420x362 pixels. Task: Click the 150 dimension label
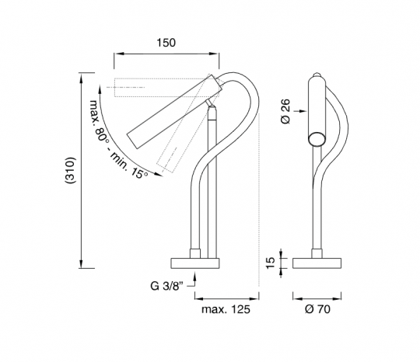pos(166,43)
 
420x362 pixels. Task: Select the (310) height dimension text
pos(71,170)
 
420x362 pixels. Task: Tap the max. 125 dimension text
pos(226,309)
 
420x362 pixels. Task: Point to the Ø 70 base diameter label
pos(317,309)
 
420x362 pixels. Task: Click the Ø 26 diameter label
pos(285,111)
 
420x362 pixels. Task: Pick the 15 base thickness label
pos(271,263)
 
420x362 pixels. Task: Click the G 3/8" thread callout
pos(166,286)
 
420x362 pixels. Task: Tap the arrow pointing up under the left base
pos(194,279)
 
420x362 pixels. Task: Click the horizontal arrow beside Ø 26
pos(300,111)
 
